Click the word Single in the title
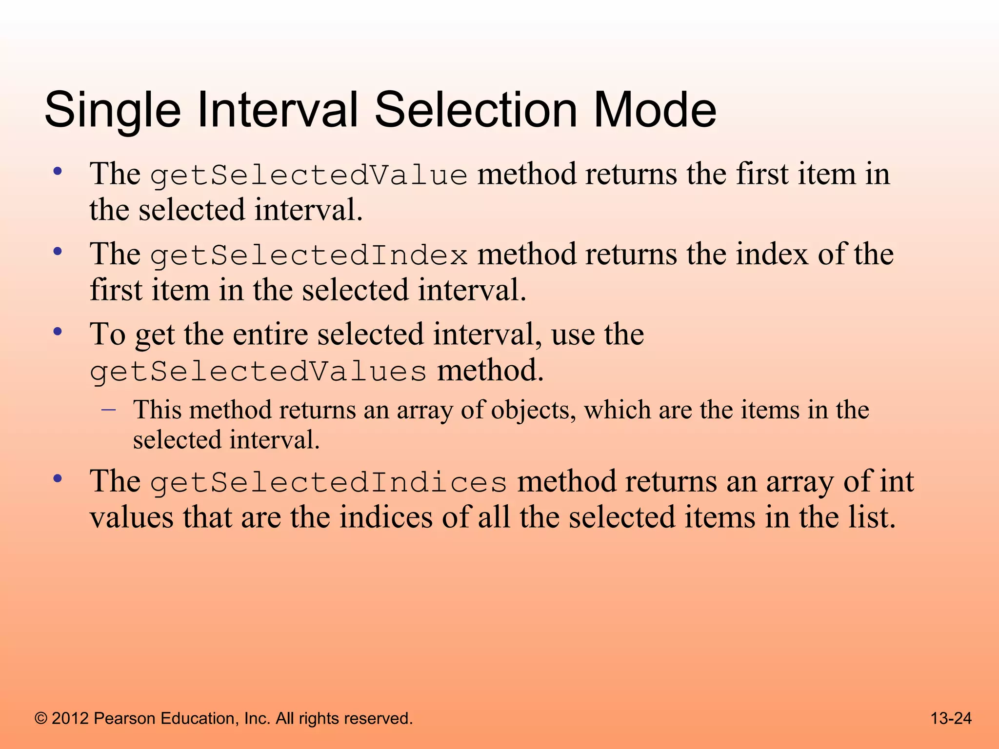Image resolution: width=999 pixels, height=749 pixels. click(112, 111)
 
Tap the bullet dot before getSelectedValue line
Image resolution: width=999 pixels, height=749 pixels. click(58, 172)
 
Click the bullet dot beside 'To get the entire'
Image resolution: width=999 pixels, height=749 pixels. click(58, 332)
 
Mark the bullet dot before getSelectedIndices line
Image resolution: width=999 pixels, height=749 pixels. click(58, 479)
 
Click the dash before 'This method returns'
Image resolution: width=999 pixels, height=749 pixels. click(108, 410)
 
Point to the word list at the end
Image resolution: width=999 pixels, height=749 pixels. click(871, 518)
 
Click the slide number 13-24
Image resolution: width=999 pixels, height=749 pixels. click(951, 718)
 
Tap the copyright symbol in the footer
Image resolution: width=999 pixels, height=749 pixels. click(41, 719)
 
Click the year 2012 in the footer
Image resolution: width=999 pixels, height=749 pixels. click(70, 719)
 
